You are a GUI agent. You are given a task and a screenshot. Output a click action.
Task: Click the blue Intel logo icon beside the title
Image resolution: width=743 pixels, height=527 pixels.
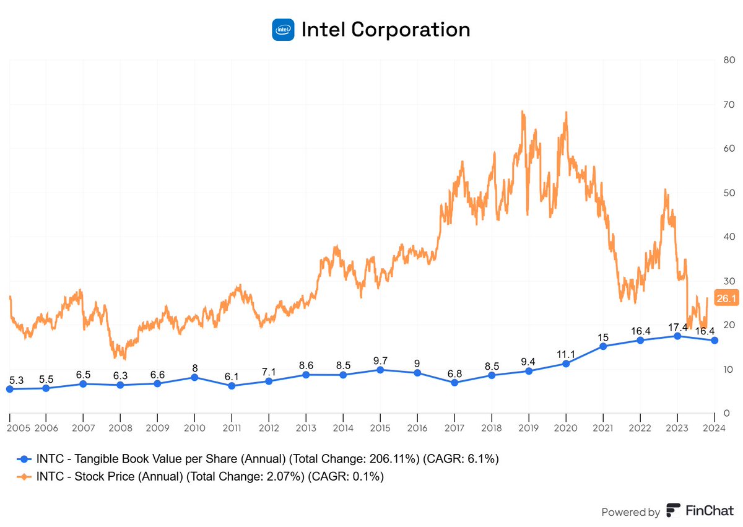coord(282,29)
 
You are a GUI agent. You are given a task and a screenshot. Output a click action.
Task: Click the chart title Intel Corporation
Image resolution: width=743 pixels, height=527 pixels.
coord(385,29)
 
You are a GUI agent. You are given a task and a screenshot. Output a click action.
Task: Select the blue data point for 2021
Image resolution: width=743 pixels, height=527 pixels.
coord(603,346)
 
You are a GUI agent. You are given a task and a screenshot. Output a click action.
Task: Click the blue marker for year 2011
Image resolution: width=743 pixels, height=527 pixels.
coord(232,386)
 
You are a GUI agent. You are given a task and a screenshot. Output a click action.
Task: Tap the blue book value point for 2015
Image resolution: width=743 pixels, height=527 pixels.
coord(380,370)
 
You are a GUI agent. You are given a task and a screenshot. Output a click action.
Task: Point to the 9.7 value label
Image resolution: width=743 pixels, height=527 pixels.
coord(380,360)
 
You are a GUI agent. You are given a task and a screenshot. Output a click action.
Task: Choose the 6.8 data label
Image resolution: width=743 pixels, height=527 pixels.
coord(454,373)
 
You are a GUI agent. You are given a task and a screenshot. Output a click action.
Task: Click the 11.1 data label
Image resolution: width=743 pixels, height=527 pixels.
coord(565,354)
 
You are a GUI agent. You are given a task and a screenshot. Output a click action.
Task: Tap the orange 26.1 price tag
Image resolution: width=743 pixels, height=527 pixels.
coord(724,298)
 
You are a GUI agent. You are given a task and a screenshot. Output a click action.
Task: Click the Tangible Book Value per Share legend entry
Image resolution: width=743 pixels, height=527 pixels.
coord(260,459)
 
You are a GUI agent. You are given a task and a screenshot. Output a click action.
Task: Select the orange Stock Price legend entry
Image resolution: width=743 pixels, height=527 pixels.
coord(204,476)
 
